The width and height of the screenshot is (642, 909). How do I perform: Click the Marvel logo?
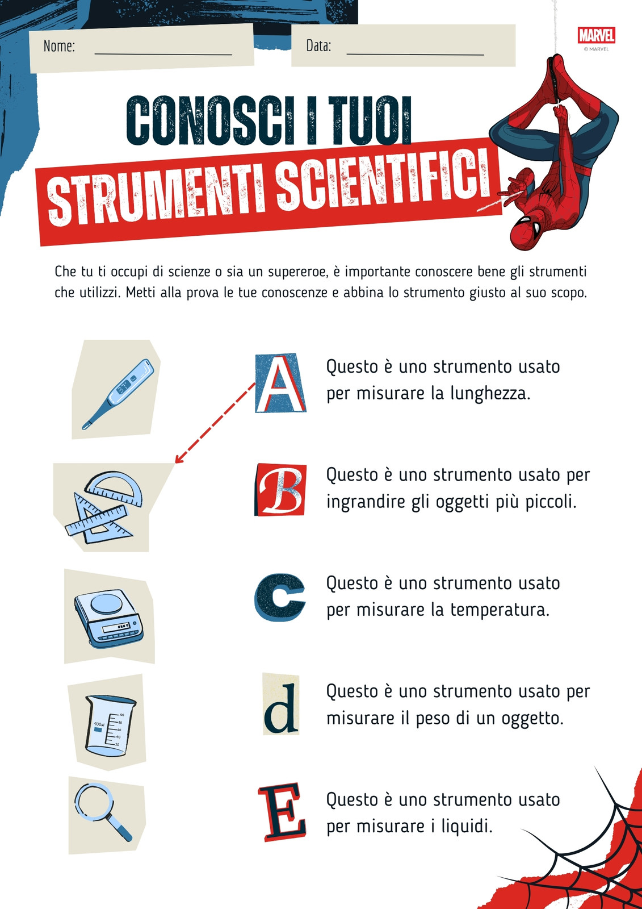coord(596,35)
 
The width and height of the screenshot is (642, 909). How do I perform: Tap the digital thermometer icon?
coord(118,394)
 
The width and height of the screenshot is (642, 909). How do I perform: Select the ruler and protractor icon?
coord(104,507)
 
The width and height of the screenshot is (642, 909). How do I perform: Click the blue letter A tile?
coord(280,383)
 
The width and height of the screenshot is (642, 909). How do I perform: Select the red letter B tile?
coord(280,490)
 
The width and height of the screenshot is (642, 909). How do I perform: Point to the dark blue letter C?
coord(280,597)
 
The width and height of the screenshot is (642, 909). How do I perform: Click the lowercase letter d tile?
coord(280,704)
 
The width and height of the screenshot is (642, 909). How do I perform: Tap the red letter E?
coord(282,812)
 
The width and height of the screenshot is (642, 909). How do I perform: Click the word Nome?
coord(59,46)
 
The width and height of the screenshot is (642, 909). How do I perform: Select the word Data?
coord(318,46)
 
